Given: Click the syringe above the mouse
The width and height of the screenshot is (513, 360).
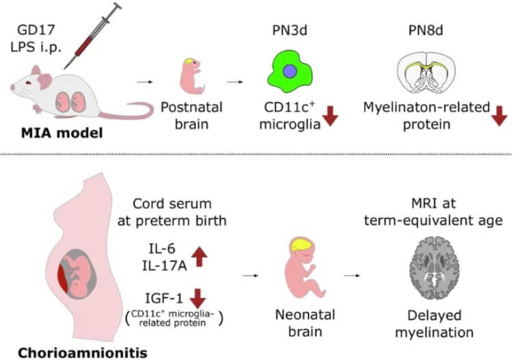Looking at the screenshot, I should pos(93,37).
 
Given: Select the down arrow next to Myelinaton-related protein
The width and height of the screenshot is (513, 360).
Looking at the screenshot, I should pos(500,116).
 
